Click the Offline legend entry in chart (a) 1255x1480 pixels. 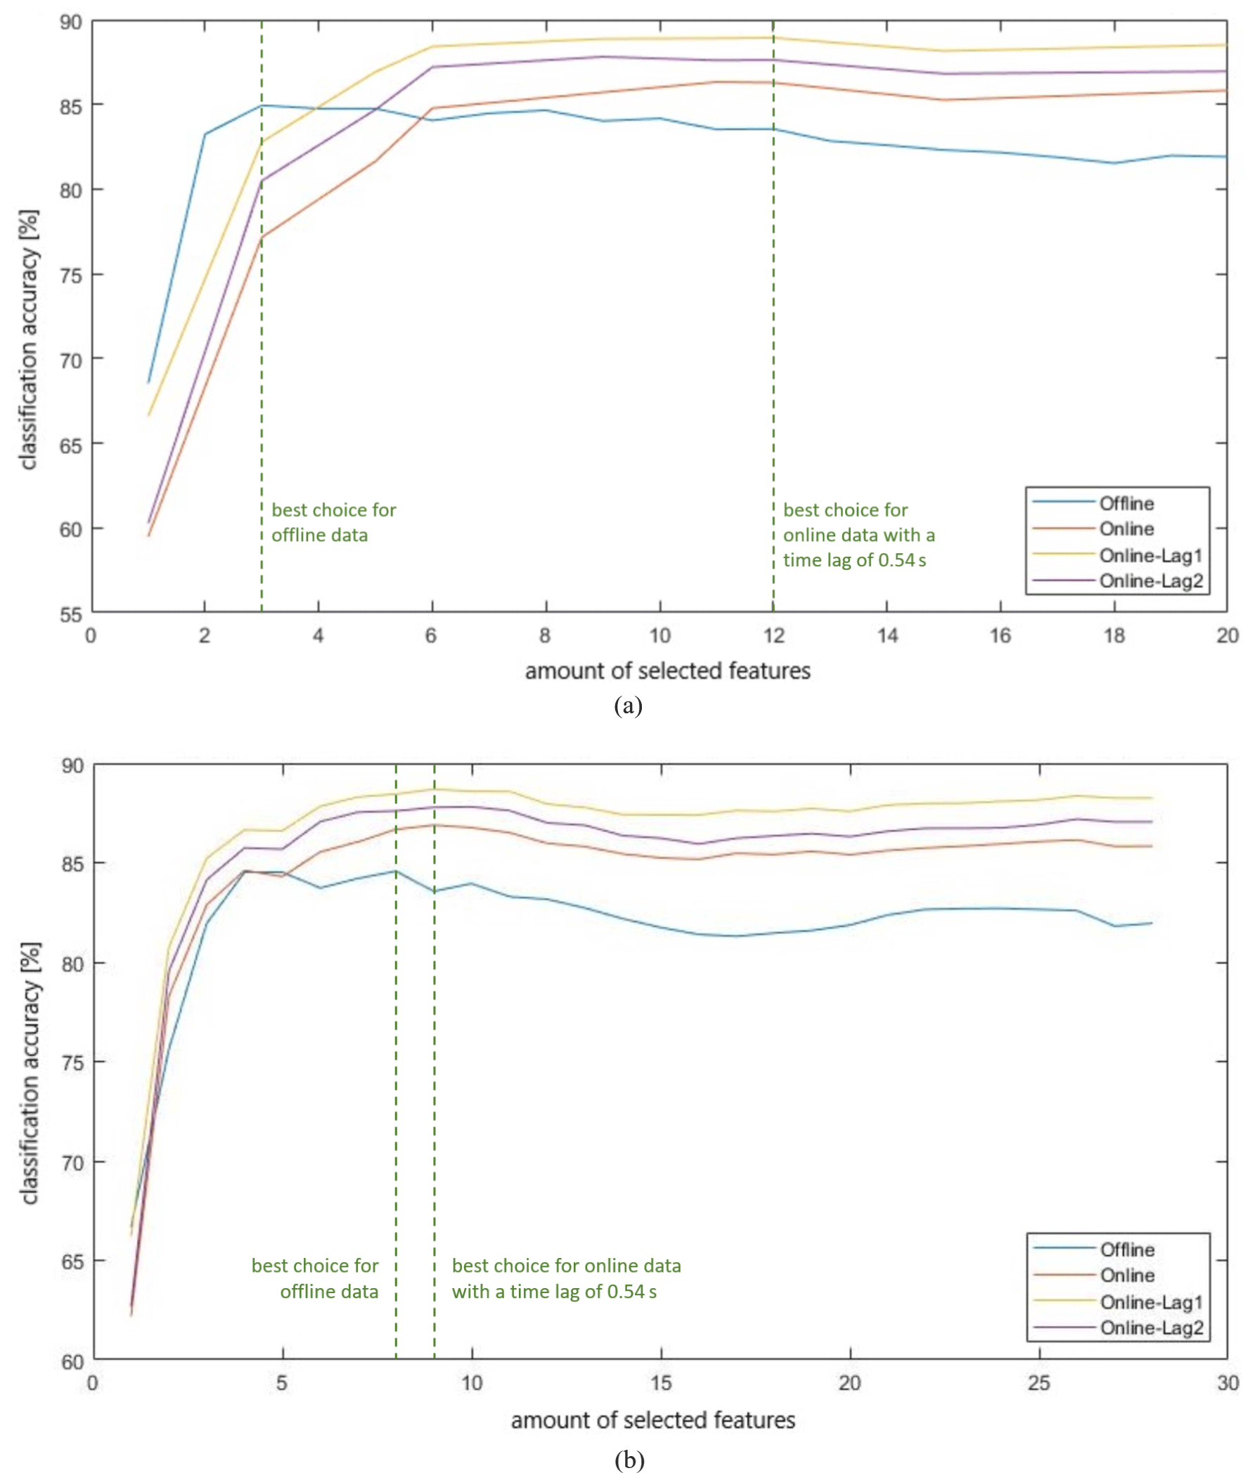(x=1126, y=504)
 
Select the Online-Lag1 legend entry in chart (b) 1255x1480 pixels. (x=1150, y=1302)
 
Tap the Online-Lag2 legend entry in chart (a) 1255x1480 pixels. (x=1150, y=581)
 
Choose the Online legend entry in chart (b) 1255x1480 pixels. (x=1127, y=1276)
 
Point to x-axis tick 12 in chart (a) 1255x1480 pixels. (x=774, y=635)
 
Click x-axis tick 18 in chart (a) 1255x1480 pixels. (x=1114, y=635)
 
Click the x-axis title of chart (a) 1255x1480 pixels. (x=667, y=670)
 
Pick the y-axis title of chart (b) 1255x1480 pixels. (x=30, y=1073)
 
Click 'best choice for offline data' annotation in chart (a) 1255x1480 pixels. (x=333, y=523)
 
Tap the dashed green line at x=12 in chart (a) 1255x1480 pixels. (x=773, y=320)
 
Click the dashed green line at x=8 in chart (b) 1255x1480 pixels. (x=396, y=1067)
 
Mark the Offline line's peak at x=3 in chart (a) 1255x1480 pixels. (x=262, y=105)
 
